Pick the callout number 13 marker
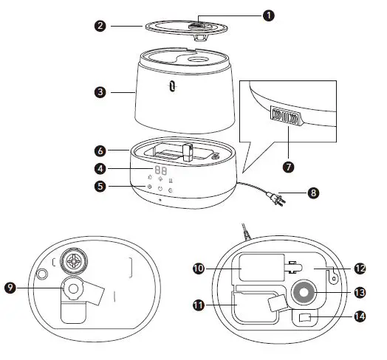click(x=360, y=292)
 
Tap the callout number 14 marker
click(x=360, y=316)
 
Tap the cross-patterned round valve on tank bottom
click(x=75, y=260)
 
